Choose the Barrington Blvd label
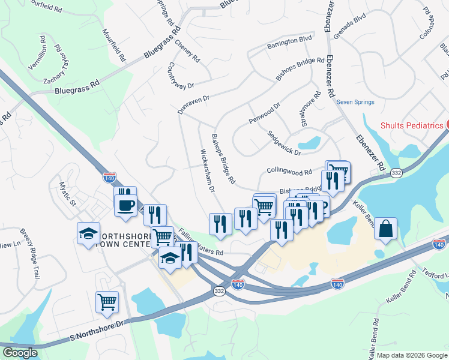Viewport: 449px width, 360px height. [x=290, y=41]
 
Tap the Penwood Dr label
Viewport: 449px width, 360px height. [x=265, y=113]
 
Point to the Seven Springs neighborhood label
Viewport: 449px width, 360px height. [x=355, y=102]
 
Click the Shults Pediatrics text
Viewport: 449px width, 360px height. [x=412, y=125]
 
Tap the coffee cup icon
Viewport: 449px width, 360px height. [x=125, y=205]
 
